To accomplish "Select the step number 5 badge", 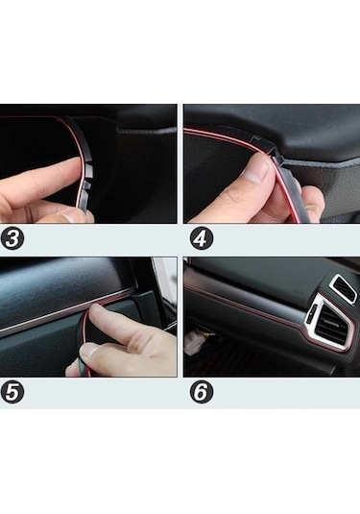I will pyautogui.click(x=13, y=392).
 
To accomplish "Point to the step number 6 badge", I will pyautogui.click(x=201, y=392).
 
